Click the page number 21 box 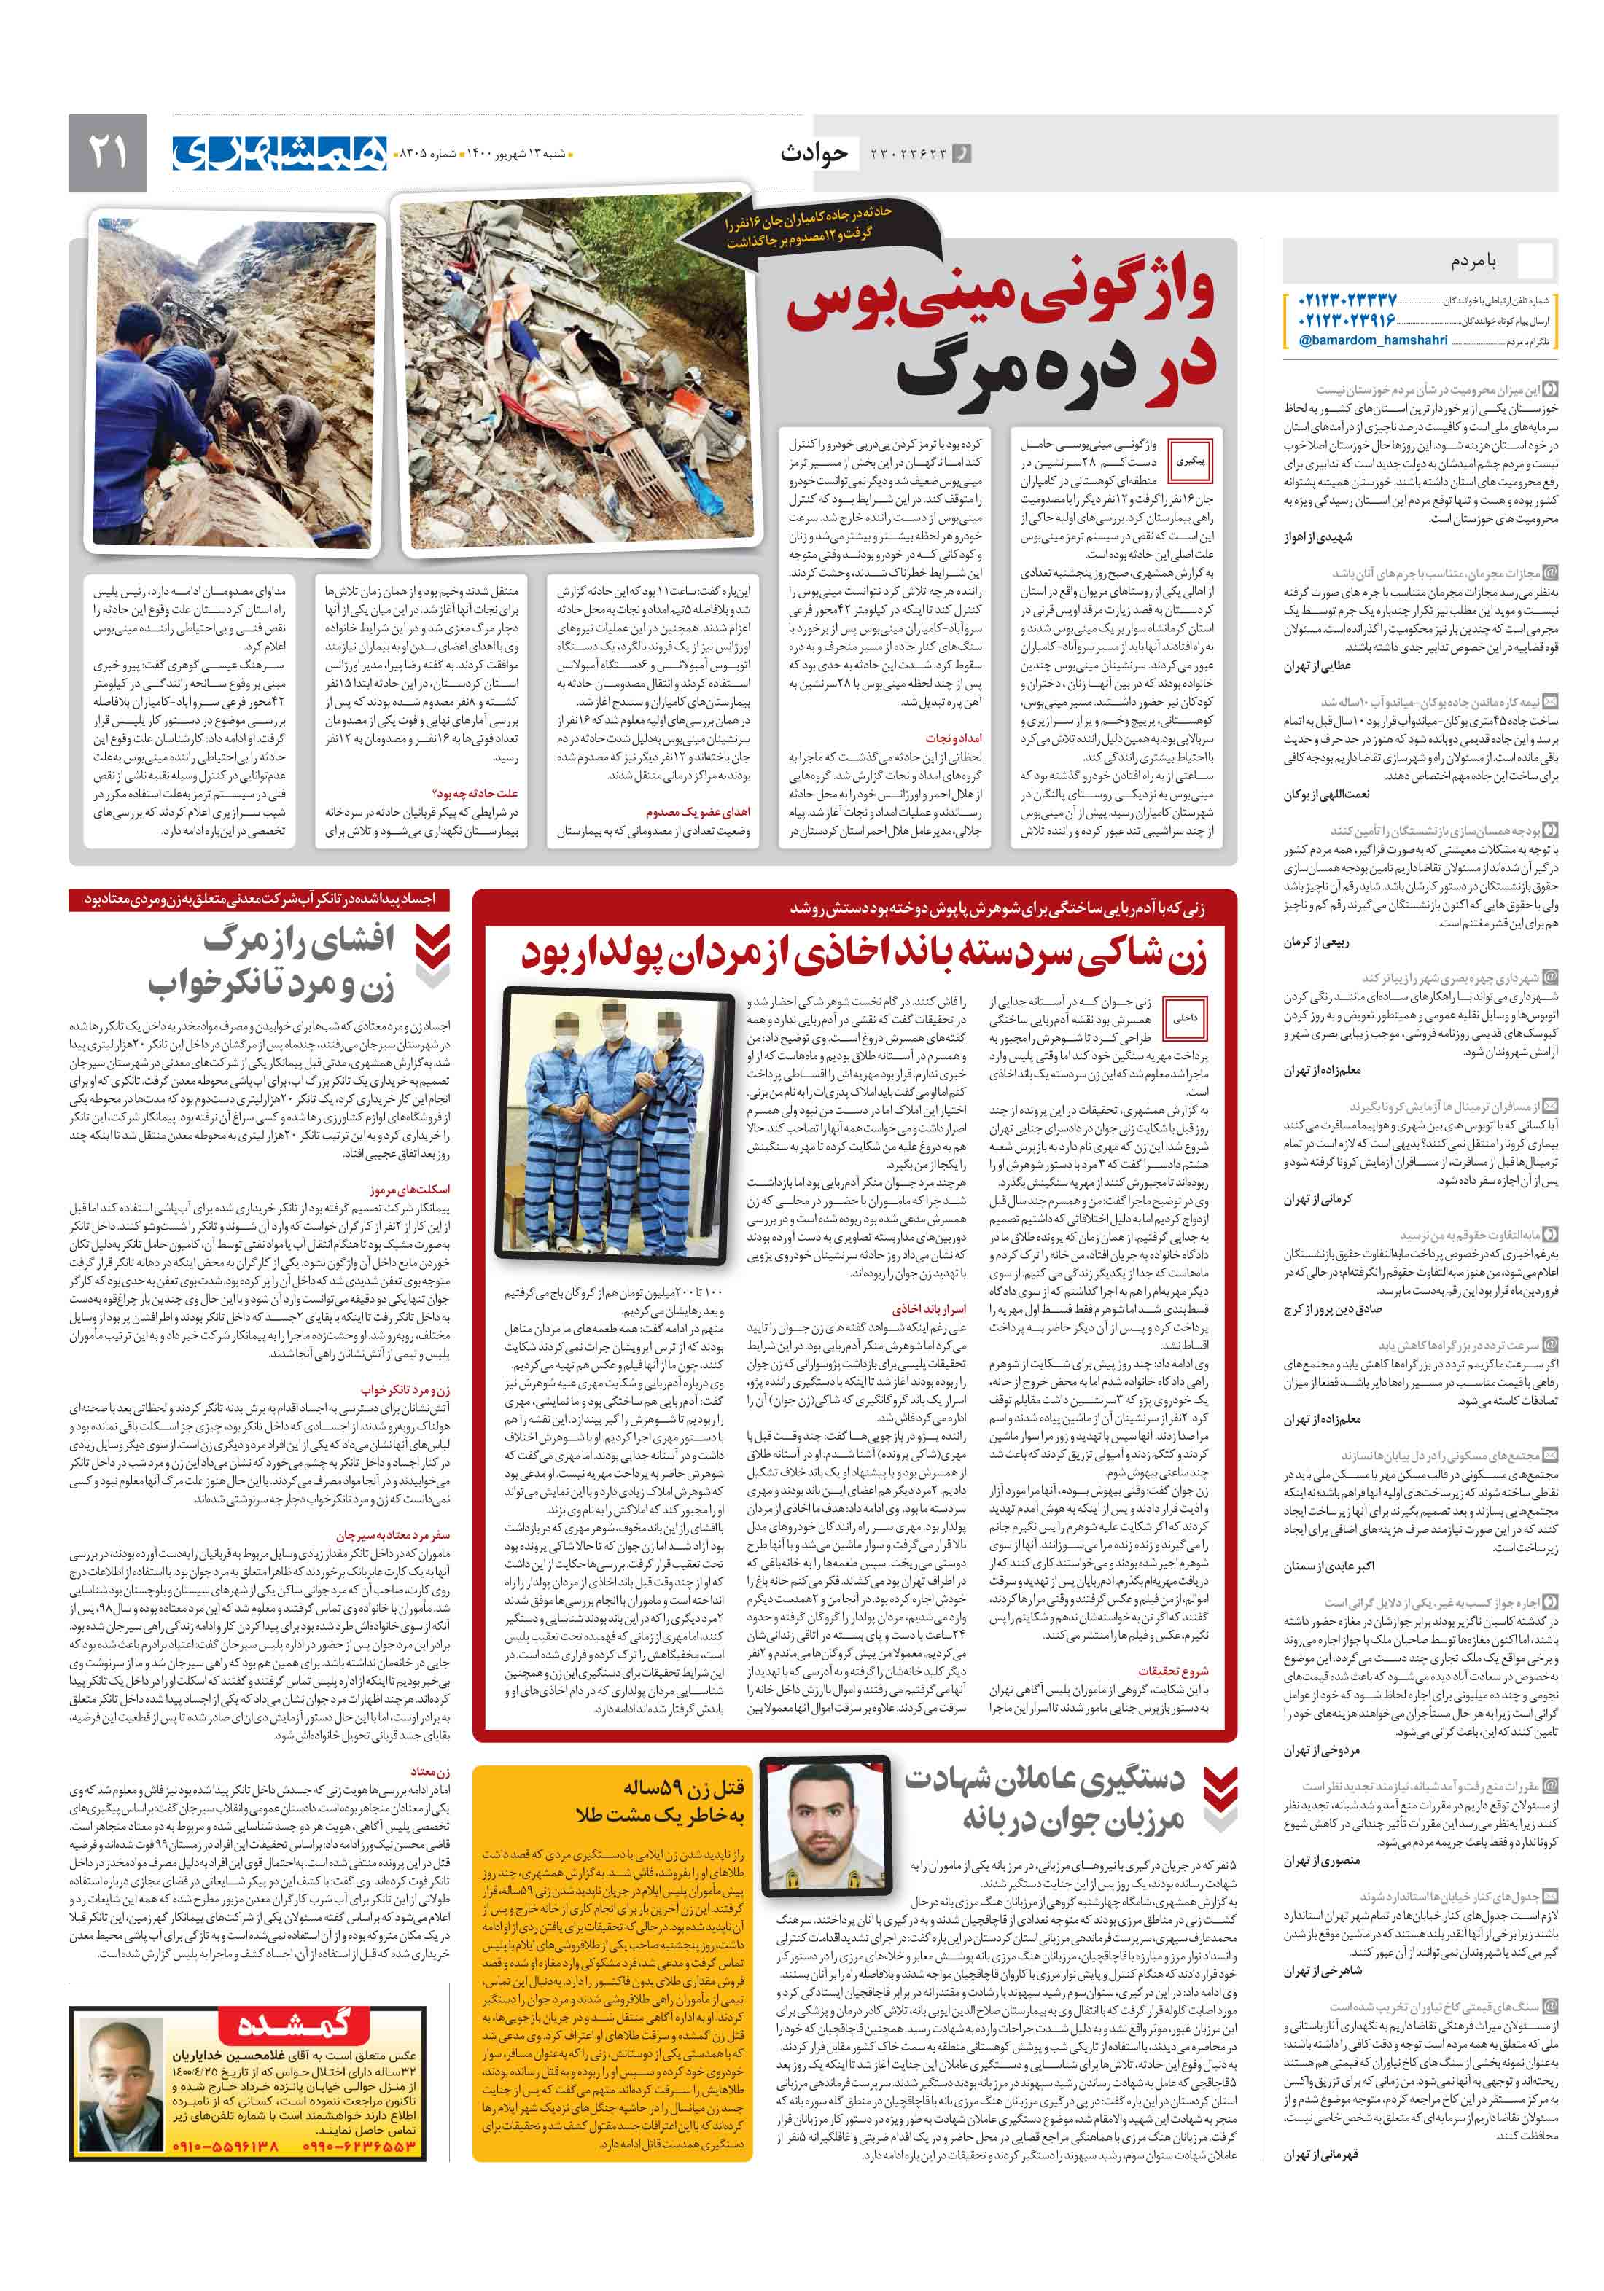[108, 152]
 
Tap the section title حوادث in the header [814, 152]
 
